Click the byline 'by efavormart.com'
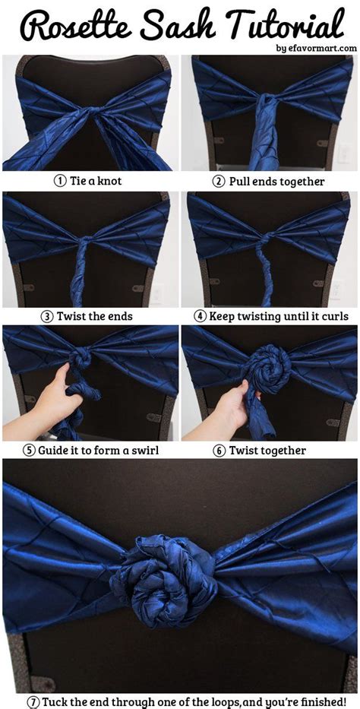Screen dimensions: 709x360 316,48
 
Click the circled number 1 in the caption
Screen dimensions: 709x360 58,182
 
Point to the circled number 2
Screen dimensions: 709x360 218,182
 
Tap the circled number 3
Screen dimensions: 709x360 47,315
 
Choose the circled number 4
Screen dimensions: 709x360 201,315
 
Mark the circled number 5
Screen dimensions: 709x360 28,450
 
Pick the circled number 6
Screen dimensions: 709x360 219,450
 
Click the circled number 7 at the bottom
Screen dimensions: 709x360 33,701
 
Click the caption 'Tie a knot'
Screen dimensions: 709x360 95,182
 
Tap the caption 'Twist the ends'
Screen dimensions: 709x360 94,315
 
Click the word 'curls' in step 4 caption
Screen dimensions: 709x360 334,315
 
